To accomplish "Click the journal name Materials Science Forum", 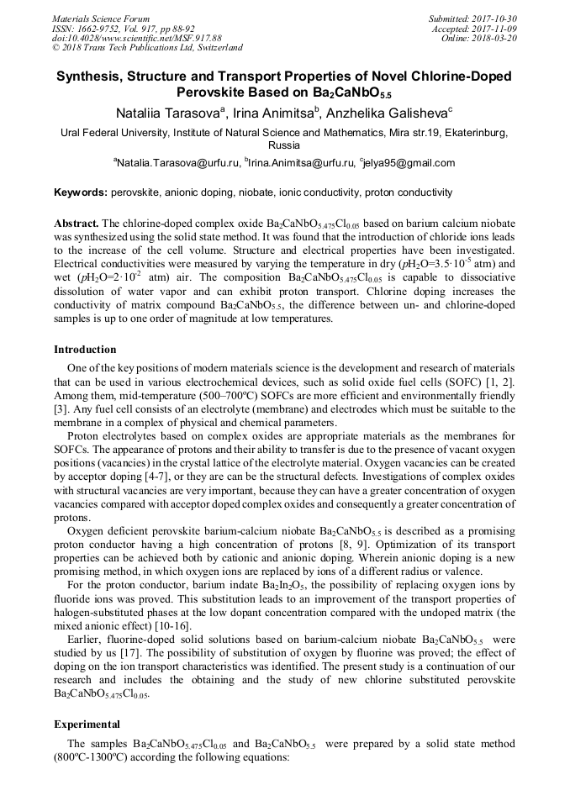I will [101, 18].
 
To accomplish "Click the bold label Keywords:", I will [81, 192].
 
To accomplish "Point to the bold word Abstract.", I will [77, 224].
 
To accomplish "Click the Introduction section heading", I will [85, 349].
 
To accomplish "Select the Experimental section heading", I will [87, 723].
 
